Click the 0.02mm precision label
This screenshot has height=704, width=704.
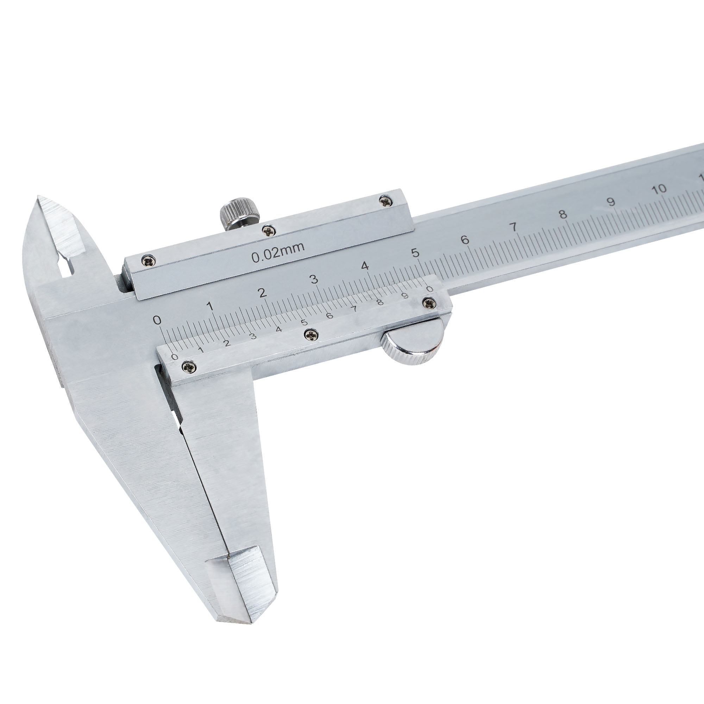[278, 252]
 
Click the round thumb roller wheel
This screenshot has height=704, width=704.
[413, 341]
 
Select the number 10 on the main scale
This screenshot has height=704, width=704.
[659, 189]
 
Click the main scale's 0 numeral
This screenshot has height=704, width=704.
[157, 320]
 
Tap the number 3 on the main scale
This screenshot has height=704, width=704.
[314, 279]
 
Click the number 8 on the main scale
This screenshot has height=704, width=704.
[563, 214]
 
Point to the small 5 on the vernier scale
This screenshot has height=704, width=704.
[304, 322]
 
